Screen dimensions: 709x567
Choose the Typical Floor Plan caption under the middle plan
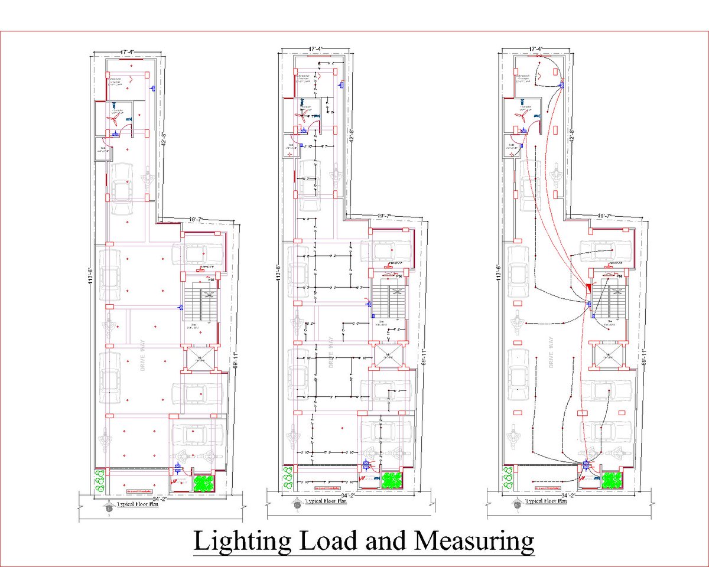[326, 501]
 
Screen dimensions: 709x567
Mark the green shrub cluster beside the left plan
[99, 480]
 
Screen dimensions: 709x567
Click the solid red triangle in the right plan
[589, 287]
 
